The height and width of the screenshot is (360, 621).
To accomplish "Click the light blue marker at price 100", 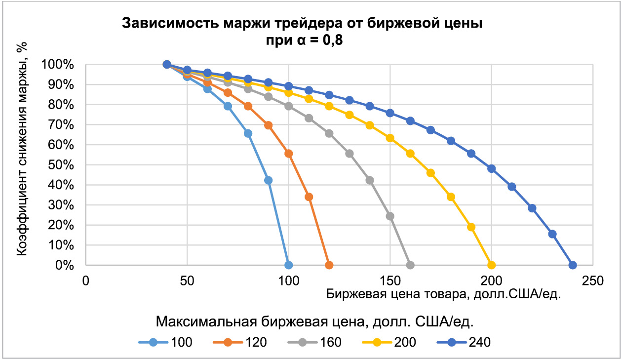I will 289,265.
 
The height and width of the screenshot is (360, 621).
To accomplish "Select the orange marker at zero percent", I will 329,265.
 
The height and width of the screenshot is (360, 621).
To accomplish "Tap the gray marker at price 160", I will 410,265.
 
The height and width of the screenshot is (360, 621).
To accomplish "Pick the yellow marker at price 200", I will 491,265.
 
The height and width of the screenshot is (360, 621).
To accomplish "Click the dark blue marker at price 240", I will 573,265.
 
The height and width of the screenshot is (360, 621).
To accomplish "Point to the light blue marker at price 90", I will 269,180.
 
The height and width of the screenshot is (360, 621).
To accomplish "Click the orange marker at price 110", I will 309,197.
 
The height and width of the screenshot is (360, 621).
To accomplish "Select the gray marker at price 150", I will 390,216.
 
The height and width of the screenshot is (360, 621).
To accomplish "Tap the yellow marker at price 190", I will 471,227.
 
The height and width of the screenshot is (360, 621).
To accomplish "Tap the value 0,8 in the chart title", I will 330,40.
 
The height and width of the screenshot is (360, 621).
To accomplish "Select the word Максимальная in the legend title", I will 206,322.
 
